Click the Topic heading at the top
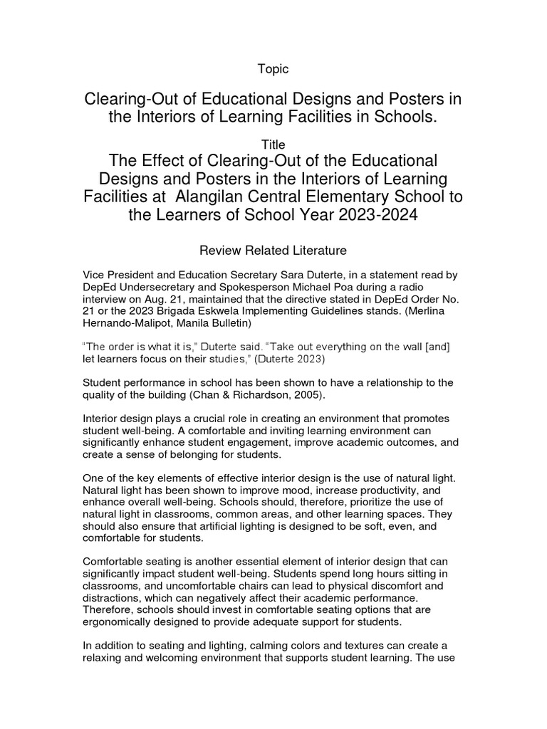273,69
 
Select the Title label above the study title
273,145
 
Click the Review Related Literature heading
273,250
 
